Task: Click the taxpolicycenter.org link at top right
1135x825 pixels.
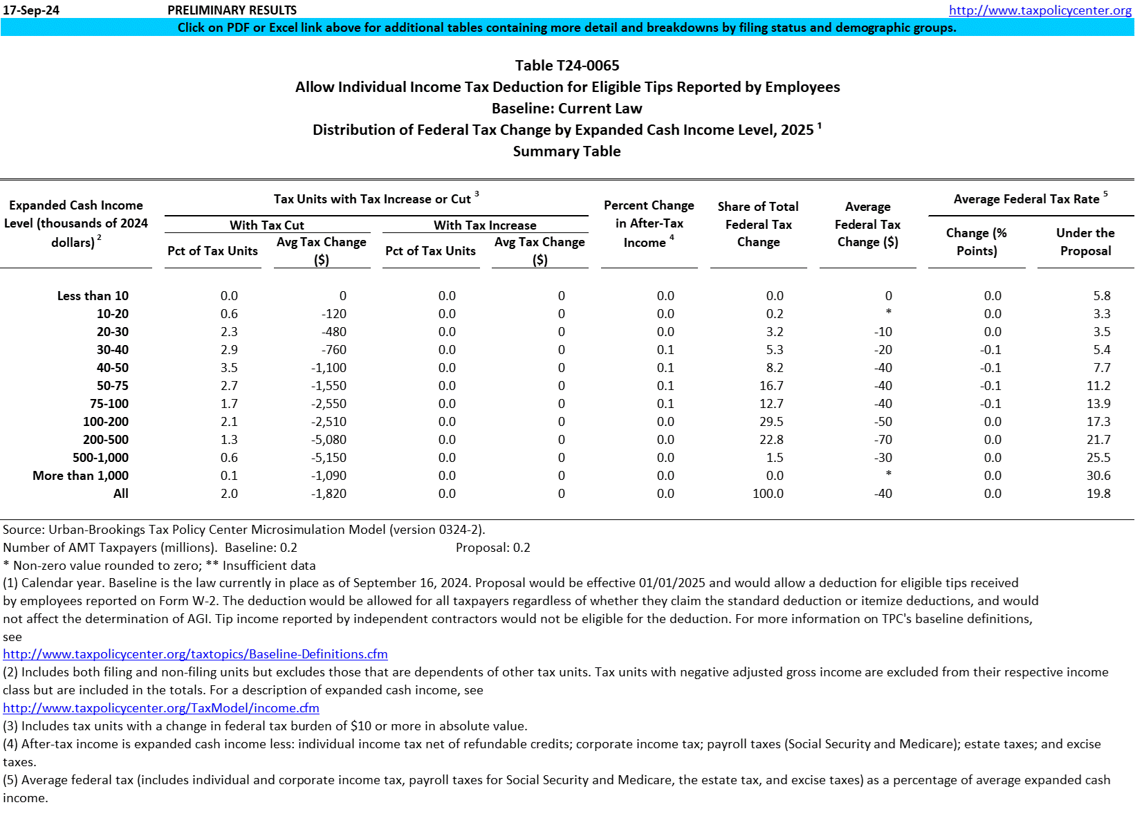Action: [x=1040, y=10]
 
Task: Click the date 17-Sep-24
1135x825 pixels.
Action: [x=31, y=10]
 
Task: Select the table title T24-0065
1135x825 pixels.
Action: [x=566, y=66]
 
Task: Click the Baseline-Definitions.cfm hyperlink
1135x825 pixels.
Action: [x=195, y=654]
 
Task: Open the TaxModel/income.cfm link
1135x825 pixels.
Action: [x=161, y=708]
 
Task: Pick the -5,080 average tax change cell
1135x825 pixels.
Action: [x=329, y=440]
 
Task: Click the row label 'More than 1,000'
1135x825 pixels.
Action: [x=80, y=476]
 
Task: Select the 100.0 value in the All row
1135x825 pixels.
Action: [x=768, y=494]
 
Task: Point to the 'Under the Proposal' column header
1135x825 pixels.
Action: [x=1085, y=242]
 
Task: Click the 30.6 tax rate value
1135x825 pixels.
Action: [x=1098, y=476]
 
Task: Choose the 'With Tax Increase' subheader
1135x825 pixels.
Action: [x=485, y=225]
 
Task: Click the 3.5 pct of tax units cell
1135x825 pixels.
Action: [x=229, y=368]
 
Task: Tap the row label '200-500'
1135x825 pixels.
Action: [x=105, y=440]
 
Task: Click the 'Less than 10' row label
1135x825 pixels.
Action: [x=93, y=296]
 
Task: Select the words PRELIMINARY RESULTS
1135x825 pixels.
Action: [x=232, y=10]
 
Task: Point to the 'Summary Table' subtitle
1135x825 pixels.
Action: [x=566, y=151]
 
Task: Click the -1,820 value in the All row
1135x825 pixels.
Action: [x=329, y=494]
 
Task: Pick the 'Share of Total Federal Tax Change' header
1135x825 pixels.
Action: [x=758, y=224]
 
